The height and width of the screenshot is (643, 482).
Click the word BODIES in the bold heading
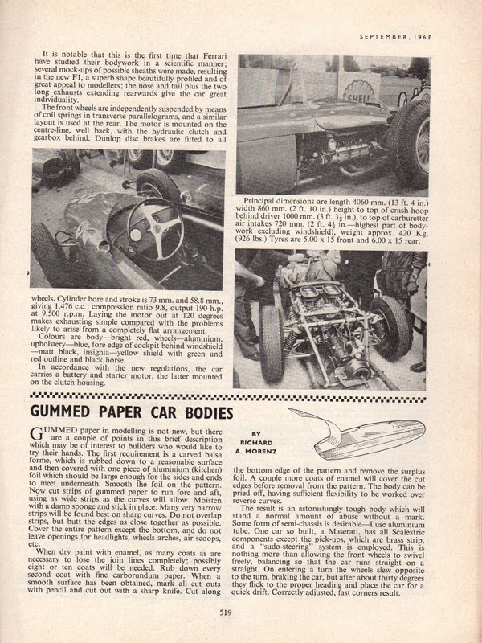(x=203, y=413)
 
